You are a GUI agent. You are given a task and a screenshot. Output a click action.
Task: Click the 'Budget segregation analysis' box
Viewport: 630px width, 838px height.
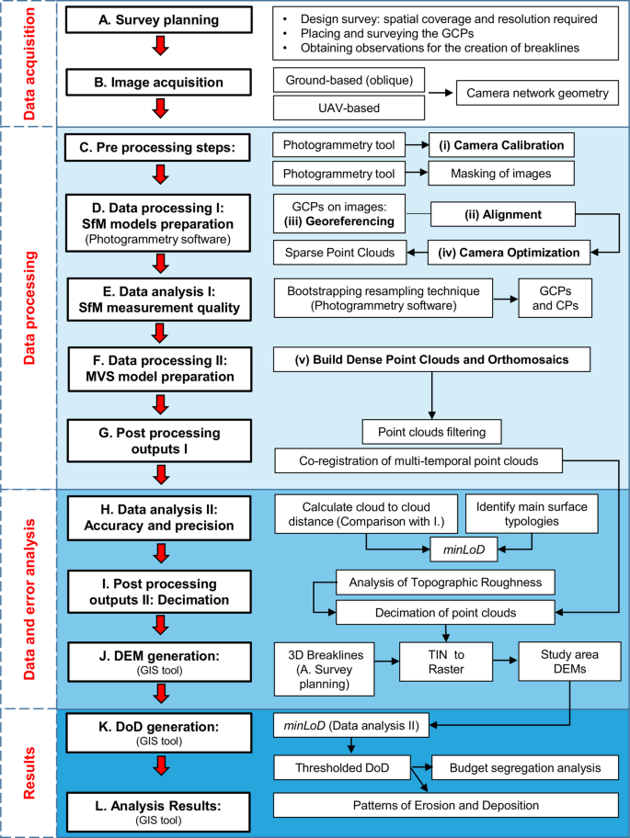pos(520,766)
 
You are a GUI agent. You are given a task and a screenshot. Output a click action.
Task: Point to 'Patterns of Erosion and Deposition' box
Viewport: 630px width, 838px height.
pos(446,806)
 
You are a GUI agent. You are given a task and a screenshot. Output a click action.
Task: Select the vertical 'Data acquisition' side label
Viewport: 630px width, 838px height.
pos(28,62)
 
